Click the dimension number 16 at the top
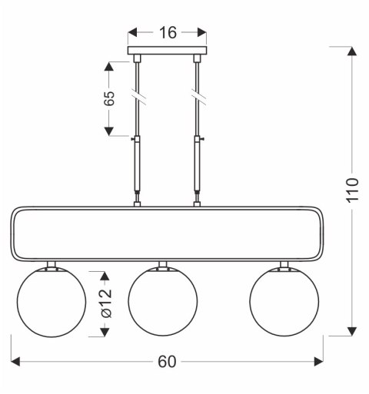coord(167,32)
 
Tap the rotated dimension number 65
coord(110,98)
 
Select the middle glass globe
coord(161,301)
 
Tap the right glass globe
coord(282,301)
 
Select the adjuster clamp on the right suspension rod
coord(198,139)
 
